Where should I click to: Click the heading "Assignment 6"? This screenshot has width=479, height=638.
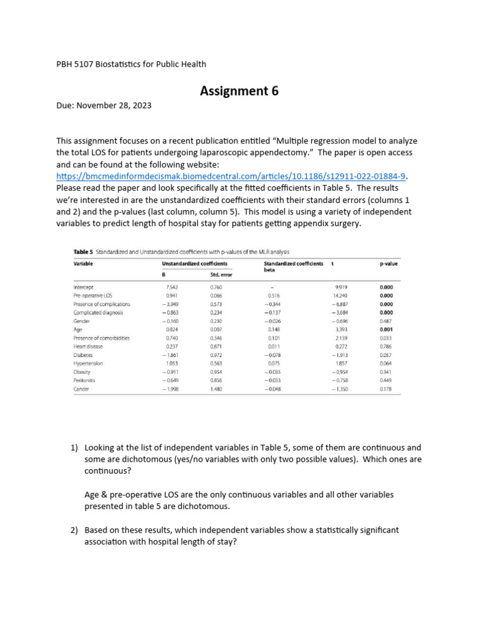(x=239, y=92)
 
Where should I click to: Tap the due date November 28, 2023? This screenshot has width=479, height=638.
(x=118, y=106)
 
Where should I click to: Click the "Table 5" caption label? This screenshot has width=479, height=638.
(x=83, y=252)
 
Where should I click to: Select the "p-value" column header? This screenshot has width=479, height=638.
(x=388, y=264)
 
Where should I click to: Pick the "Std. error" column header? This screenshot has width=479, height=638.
(x=221, y=274)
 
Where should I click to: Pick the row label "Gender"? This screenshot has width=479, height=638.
(x=82, y=321)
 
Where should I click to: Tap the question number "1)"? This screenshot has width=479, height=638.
(x=74, y=447)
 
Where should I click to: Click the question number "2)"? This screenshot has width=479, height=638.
(x=74, y=530)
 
